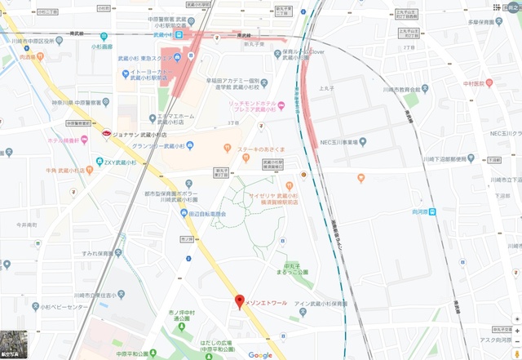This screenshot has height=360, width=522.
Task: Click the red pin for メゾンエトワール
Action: (x=239, y=302)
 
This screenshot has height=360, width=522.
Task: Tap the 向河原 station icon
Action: (x=433, y=212)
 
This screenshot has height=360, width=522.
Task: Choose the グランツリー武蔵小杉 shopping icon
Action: (x=190, y=145)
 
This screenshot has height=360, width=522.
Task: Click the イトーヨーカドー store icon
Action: (x=122, y=74)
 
